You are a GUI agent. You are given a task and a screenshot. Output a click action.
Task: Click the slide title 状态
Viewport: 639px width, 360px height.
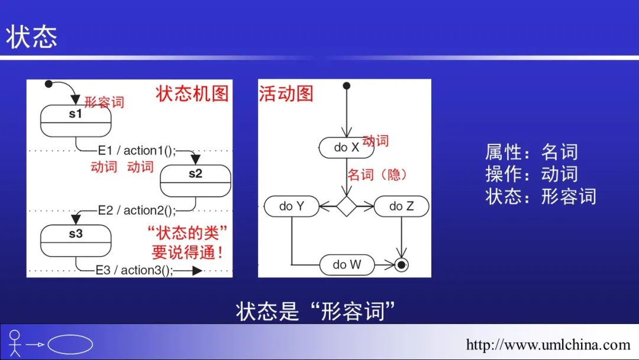[x=32, y=36]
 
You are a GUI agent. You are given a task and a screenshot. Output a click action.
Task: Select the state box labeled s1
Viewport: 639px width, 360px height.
[x=76, y=120]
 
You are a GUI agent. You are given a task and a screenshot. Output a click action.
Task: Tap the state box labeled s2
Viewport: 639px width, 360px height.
[x=195, y=180]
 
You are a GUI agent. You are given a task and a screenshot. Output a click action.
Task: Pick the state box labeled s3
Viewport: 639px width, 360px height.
[x=76, y=240]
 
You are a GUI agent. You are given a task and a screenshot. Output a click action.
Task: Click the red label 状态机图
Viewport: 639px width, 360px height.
[x=192, y=94]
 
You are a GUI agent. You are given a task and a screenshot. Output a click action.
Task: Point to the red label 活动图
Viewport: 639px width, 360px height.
[x=286, y=94]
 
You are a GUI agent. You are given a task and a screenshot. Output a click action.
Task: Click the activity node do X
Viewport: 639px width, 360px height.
[x=347, y=147]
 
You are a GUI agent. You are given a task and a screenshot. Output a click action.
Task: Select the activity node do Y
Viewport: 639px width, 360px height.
[x=292, y=206]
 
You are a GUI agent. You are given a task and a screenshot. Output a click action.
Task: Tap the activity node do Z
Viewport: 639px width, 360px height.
[x=401, y=206]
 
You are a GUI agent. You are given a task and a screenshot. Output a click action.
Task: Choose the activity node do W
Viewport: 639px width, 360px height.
[x=347, y=265]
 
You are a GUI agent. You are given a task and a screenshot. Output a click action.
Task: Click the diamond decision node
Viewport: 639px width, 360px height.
[x=347, y=206]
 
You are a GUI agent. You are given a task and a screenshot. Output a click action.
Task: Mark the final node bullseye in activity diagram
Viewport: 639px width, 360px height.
[x=402, y=265]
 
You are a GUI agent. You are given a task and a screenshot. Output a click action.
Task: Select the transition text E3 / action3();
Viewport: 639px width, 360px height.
[x=135, y=270]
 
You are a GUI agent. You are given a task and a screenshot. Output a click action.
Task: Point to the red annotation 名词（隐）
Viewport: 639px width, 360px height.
[x=377, y=175]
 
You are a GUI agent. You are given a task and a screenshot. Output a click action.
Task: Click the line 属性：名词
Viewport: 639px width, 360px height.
[x=531, y=152]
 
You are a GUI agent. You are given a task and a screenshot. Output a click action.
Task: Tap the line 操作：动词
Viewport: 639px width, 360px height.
[x=531, y=174]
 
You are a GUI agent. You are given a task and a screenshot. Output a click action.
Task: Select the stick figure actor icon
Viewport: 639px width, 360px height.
[x=15, y=343]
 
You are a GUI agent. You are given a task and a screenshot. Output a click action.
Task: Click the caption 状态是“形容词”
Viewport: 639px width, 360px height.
[x=315, y=311]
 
